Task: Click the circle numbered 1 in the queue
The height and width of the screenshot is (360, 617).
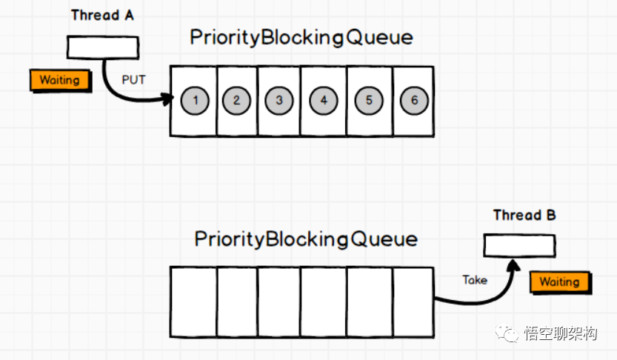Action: tap(195, 100)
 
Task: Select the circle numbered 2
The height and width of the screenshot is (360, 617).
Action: tap(236, 100)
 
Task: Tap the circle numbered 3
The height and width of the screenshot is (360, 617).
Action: tap(279, 100)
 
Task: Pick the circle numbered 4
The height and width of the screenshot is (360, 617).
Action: tap(324, 100)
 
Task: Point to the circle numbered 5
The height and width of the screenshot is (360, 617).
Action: tap(369, 100)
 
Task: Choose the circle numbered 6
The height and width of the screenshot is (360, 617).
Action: tap(414, 100)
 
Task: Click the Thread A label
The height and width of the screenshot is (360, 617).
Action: tap(102, 16)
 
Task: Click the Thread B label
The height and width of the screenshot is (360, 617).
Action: tap(524, 216)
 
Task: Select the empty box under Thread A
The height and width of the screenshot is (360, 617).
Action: tap(102, 47)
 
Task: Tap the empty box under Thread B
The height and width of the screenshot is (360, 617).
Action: tap(519, 245)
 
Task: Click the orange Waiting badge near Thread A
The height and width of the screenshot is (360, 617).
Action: tap(59, 80)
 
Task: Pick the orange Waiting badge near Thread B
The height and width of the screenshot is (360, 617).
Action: tap(559, 281)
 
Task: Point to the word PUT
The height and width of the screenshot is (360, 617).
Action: tap(133, 79)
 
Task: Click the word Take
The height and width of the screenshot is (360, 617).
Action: tap(475, 280)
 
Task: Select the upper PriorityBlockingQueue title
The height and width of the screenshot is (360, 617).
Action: tap(301, 38)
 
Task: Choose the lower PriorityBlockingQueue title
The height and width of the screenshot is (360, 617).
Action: tap(306, 239)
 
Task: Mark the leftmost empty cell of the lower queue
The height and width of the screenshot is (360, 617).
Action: tap(193, 301)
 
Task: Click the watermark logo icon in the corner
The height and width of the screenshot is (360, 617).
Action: tap(508, 334)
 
